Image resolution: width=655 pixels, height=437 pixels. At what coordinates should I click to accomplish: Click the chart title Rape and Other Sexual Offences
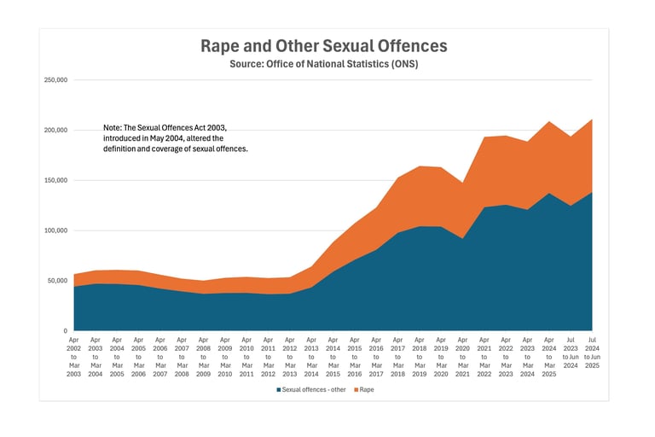pyautogui.click(x=323, y=46)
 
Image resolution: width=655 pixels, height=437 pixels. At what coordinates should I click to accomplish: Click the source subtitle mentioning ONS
pyautogui.click(x=323, y=64)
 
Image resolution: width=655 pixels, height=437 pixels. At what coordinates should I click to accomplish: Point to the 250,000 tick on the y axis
pyautogui.click(x=55, y=80)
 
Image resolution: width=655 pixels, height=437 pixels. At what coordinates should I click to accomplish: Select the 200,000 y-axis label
pyautogui.click(x=55, y=131)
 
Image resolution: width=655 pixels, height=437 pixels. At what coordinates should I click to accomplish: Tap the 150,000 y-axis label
pyautogui.click(x=55, y=180)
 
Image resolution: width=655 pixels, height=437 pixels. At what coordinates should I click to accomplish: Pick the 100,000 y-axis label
pyautogui.click(x=55, y=230)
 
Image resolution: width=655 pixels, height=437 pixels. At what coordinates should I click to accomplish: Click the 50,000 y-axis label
pyautogui.click(x=57, y=281)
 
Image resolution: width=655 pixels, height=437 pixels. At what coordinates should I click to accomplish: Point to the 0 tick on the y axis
pyautogui.click(x=65, y=330)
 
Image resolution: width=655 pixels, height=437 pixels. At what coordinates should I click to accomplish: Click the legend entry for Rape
pyautogui.click(x=366, y=389)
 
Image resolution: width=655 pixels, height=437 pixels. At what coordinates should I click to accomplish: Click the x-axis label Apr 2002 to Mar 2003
pyautogui.click(x=73, y=357)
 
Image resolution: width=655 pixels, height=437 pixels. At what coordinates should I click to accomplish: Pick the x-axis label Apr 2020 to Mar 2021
pyautogui.click(x=462, y=357)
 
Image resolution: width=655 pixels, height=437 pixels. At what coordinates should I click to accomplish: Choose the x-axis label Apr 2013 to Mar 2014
pyautogui.click(x=311, y=357)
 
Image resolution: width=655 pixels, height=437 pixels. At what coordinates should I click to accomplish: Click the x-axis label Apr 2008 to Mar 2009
pyautogui.click(x=203, y=357)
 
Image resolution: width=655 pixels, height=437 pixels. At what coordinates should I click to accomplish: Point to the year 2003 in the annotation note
pyautogui.click(x=217, y=126)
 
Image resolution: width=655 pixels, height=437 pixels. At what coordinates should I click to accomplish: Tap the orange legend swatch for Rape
pyautogui.click(x=354, y=389)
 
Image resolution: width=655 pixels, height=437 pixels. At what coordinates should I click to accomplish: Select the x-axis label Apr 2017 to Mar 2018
pyautogui.click(x=397, y=357)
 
